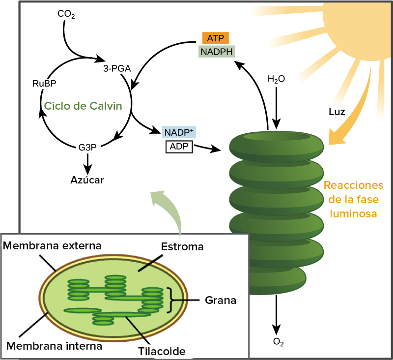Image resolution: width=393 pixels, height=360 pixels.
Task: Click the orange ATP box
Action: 215,38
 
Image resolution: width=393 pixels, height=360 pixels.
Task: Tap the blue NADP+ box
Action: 179,133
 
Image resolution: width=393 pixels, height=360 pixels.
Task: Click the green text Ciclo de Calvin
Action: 83,106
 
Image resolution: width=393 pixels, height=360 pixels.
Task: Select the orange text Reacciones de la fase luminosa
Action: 353,200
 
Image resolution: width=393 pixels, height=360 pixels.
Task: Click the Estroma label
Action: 182,247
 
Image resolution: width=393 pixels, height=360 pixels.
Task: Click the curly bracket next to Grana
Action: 173,300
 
